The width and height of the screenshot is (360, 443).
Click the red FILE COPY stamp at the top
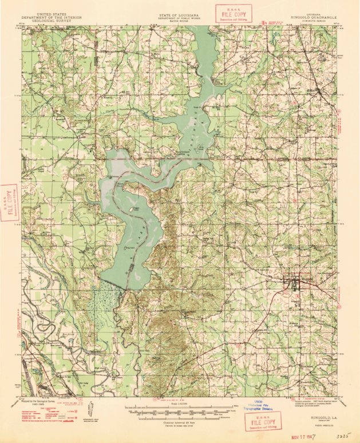click(x=231, y=13)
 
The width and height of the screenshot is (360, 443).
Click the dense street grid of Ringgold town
click(x=294, y=284)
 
